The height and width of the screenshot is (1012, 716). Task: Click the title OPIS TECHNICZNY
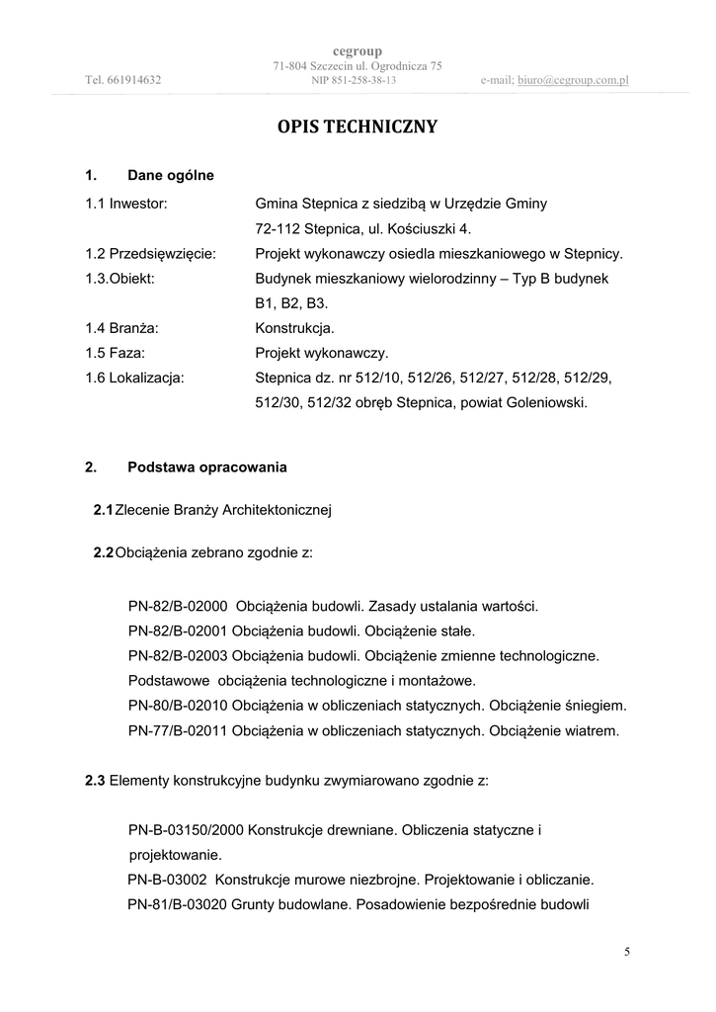(358, 127)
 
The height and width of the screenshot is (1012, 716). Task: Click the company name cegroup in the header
(358, 50)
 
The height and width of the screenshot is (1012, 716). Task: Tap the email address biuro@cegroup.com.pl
(572, 80)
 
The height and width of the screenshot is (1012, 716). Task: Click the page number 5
(627, 952)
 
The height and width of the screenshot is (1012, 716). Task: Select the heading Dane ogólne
(171, 176)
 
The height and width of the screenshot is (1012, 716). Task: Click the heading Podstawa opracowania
(207, 466)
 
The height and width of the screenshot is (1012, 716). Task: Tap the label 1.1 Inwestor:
(126, 204)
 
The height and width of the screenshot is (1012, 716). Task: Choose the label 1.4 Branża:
(123, 327)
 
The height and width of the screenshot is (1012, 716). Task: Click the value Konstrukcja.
(294, 327)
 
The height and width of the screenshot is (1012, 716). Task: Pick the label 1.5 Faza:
(116, 352)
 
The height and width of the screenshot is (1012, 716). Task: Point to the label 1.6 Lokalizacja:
(134, 377)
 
